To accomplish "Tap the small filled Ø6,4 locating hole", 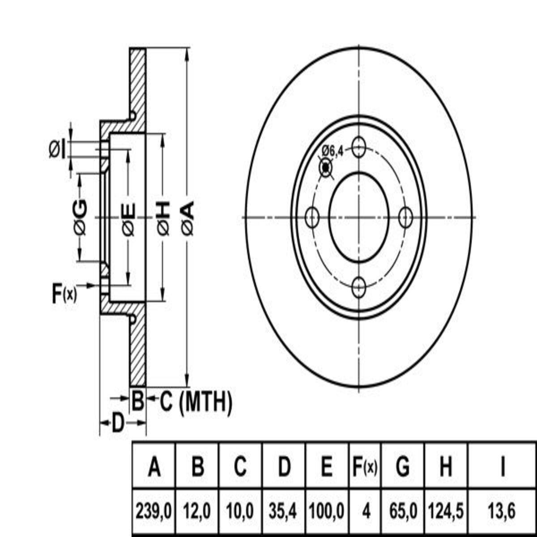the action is coord(325,168).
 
